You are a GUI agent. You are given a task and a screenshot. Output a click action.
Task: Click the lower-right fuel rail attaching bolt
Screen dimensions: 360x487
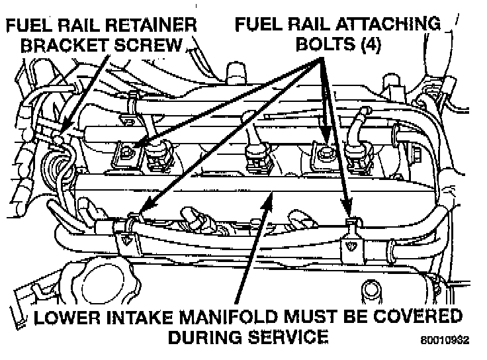click(x=349, y=220)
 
